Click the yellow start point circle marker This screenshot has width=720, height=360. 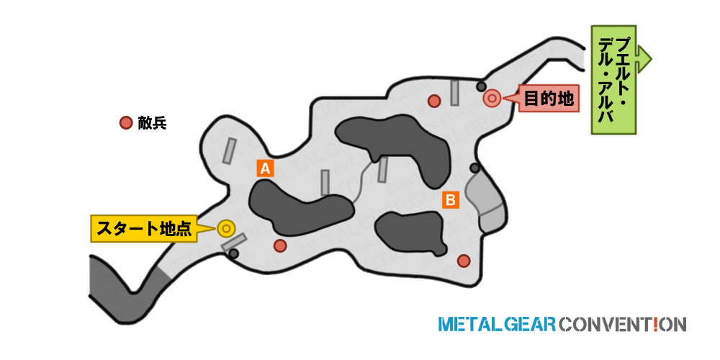[226, 229]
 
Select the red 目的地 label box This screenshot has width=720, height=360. [548, 98]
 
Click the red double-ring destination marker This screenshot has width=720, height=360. [492, 98]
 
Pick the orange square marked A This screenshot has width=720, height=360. [266, 168]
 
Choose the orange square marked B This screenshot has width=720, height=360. [451, 199]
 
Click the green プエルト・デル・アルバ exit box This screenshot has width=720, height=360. [614, 80]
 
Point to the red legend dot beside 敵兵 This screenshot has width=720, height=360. [126, 123]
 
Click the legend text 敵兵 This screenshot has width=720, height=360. [152, 123]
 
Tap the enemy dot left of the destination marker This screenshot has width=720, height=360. [434, 101]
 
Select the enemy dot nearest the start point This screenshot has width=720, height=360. [280, 246]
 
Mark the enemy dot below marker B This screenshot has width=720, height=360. [464, 261]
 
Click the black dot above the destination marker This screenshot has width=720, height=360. [481, 86]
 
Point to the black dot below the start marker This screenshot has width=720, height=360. [234, 253]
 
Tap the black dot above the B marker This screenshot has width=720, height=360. [474, 168]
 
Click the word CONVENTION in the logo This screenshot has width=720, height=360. [623, 324]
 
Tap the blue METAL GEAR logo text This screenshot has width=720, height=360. [498, 324]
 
